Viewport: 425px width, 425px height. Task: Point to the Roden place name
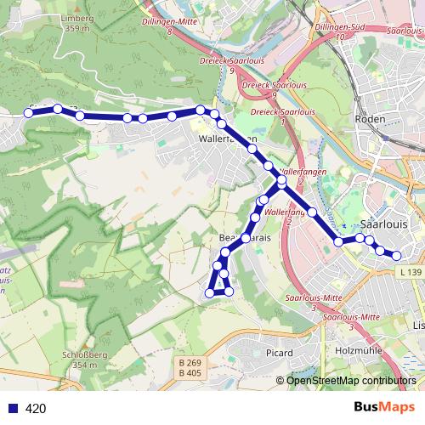(375, 121)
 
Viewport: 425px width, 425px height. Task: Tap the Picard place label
(279, 353)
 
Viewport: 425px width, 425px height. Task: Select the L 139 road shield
(409, 272)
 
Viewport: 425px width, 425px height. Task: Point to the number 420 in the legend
(36, 408)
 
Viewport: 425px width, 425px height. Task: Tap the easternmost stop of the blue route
(396, 255)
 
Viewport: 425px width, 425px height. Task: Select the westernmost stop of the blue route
(28, 113)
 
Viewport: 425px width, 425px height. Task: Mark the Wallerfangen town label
(223, 138)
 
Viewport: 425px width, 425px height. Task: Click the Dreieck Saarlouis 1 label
(279, 116)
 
